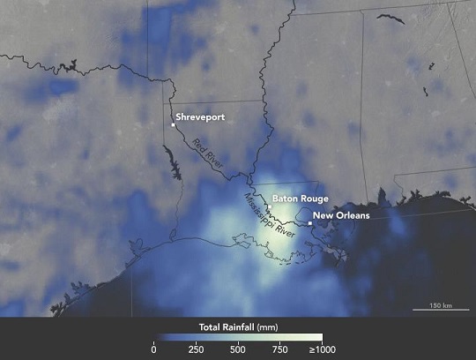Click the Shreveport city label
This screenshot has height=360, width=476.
point(198,116)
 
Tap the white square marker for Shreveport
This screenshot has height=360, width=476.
point(174,125)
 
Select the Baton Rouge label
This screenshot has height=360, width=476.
point(301,199)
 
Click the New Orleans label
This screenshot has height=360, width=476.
point(341,214)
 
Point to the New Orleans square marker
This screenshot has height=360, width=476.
point(310,223)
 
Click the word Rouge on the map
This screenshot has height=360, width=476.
point(315,199)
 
